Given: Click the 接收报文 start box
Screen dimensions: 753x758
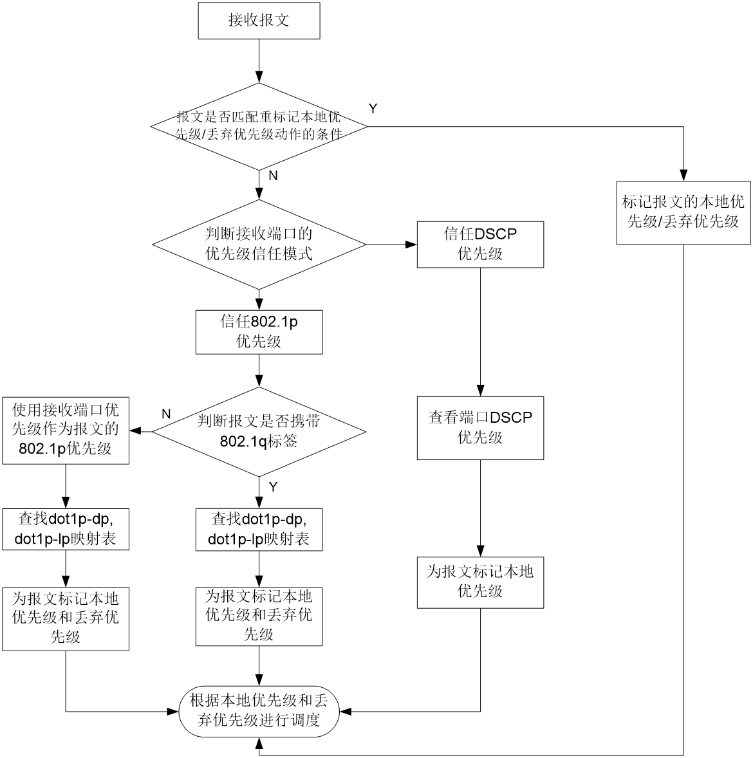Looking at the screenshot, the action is coord(259,21).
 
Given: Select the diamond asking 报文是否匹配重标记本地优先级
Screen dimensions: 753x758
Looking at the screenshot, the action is coord(259,127).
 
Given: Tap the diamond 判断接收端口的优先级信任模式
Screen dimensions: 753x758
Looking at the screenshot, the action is coord(259,245).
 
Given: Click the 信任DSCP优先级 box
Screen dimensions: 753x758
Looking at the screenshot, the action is coord(480,245).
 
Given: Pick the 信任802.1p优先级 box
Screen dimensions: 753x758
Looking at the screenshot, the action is coord(259,332).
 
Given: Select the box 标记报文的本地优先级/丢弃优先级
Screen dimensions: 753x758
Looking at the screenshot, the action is coord(683,213).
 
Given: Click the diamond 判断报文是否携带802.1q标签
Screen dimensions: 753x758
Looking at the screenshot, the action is coord(259,432).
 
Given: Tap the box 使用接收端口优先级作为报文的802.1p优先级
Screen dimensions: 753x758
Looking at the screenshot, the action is coord(66,430).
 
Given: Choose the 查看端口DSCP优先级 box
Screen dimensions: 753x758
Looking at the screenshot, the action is coord(480,428).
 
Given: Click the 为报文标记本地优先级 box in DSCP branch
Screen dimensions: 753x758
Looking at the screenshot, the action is coord(480,582).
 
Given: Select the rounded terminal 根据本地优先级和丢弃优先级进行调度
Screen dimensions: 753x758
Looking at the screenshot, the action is coord(259,711).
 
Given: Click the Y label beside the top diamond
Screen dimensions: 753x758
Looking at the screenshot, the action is coord(373,109).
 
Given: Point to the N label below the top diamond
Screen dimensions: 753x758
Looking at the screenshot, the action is coord(274,176).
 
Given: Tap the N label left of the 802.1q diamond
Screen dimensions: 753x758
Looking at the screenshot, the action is coord(166,414).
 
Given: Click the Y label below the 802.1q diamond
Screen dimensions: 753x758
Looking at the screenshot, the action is coord(274,487).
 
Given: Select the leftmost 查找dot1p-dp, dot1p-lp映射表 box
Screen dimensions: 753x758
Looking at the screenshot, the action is coord(66,530).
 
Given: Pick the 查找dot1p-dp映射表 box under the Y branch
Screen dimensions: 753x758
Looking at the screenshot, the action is coord(259,530).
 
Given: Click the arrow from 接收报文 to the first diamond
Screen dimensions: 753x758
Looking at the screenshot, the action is coord(259,61).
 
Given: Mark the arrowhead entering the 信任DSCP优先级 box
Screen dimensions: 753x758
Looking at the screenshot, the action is coord(411,245).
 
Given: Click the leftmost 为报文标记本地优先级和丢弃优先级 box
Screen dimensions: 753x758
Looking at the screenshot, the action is coord(66,619).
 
